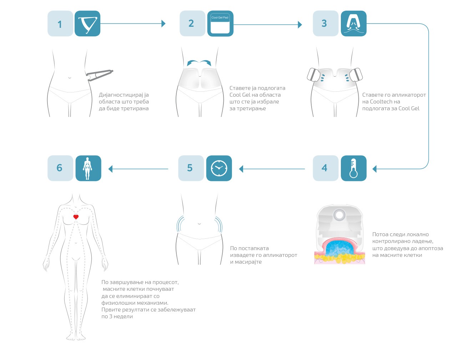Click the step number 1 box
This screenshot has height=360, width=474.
point(60,24)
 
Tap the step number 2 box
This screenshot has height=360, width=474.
point(192,24)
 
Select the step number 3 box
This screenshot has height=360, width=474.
point(325,24)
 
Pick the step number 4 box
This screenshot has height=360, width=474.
point(325,168)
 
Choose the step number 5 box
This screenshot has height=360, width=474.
point(191,168)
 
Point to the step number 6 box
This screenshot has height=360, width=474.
point(60,168)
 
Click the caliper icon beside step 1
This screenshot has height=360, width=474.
point(87,24)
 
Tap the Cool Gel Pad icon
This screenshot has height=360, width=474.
point(220,24)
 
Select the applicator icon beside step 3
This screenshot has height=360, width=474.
point(353,24)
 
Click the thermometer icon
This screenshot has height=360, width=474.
point(353,168)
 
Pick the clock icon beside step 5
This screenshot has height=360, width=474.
point(219,168)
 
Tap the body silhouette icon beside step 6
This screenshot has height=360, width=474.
point(88,168)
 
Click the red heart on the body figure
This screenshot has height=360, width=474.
point(76,217)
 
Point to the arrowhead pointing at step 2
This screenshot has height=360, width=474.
point(163,24)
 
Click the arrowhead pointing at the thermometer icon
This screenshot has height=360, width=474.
point(374,169)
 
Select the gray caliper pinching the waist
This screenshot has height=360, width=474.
point(100,75)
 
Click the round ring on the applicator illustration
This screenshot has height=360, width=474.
point(339,215)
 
